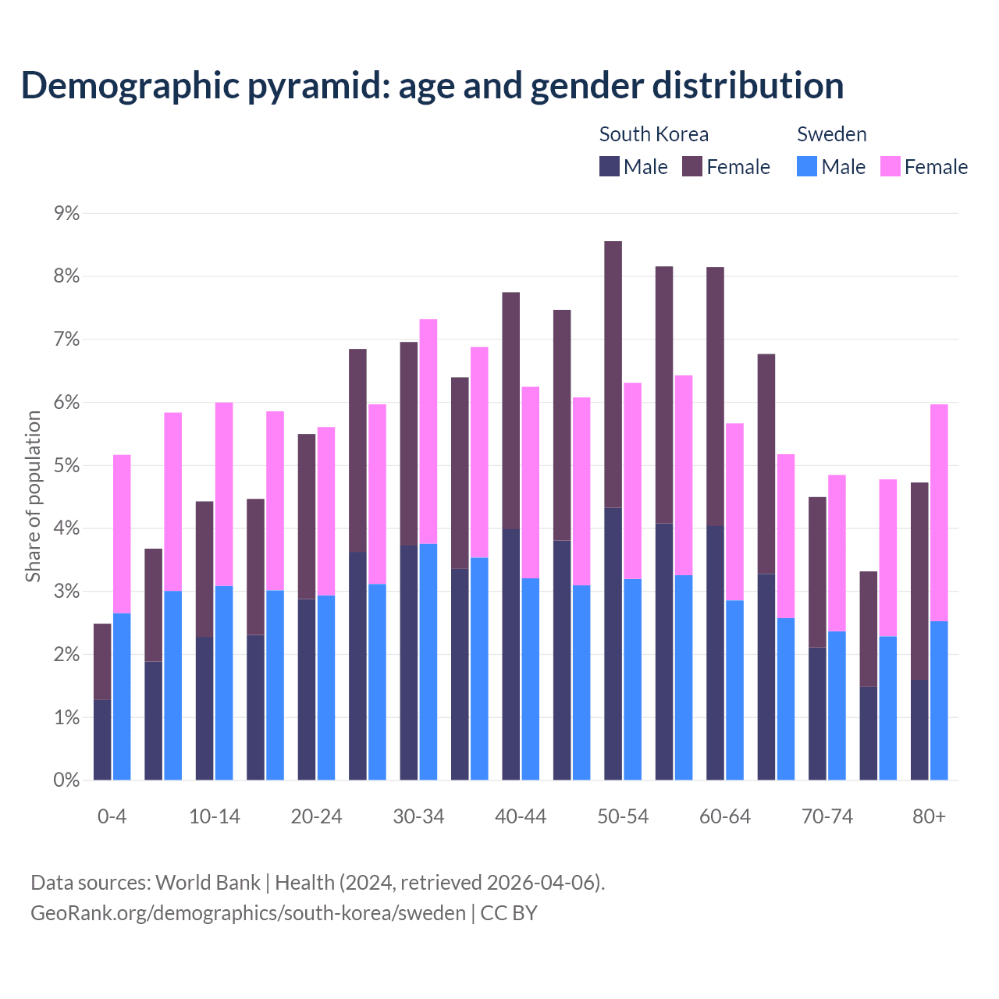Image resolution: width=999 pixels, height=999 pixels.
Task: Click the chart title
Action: (432, 86)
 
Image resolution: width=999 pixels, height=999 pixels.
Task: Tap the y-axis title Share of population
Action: (33, 496)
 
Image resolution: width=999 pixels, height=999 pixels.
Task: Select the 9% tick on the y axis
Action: (66, 213)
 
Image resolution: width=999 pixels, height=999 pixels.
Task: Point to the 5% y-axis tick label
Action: (66, 465)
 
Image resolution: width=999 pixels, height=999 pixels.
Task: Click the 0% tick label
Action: (66, 780)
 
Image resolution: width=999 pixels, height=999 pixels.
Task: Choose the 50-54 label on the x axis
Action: (623, 816)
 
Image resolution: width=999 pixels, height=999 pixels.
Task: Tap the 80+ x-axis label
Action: (929, 816)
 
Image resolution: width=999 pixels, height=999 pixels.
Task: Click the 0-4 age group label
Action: (112, 816)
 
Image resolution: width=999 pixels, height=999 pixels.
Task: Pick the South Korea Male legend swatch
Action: (610, 166)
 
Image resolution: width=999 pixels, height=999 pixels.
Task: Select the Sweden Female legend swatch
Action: (891, 166)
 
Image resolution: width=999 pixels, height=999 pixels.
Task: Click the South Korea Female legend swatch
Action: (692, 166)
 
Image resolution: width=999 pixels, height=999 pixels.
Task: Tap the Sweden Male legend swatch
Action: (807, 166)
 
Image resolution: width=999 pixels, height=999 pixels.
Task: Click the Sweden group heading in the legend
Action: (831, 134)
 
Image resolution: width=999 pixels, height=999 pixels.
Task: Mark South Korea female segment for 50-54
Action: (613, 375)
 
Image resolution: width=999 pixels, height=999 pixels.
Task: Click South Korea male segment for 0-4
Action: (102, 740)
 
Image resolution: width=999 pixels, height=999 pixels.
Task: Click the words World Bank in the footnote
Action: (208, 883)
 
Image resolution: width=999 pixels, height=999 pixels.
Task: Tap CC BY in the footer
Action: (509, 913)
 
